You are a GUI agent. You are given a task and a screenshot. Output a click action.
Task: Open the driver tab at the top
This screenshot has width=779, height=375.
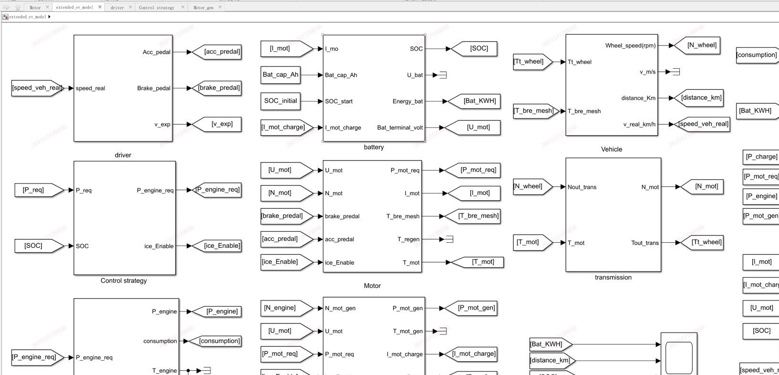(117, 8)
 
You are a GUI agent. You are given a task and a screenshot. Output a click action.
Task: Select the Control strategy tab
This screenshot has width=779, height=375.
(156, 8)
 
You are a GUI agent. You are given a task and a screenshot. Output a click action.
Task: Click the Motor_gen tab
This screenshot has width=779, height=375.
(203, 8)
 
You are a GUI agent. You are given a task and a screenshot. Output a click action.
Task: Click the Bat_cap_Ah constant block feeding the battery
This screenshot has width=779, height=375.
(280, 75)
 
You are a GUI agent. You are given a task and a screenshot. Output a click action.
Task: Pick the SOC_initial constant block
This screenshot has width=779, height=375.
(280, 101)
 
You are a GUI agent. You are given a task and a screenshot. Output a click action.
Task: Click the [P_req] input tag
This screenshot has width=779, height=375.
(34, 190)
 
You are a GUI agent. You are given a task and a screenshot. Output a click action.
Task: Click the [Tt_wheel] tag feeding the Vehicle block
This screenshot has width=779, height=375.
(530, 62)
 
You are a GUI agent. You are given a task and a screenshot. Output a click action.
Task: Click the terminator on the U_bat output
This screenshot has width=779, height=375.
(443, 75)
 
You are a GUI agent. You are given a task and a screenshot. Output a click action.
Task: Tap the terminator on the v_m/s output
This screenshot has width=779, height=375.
(676, 72)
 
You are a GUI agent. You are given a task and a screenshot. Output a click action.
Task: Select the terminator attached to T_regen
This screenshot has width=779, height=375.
(449, 239)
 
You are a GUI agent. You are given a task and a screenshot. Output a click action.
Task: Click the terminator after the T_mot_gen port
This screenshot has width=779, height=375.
(443, 331)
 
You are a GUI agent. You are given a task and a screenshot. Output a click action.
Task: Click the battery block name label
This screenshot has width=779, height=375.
(374, 147)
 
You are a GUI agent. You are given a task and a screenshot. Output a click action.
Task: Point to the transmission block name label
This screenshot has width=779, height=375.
(613, 277)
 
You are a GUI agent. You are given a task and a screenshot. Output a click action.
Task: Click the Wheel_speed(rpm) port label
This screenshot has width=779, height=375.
(630, 45)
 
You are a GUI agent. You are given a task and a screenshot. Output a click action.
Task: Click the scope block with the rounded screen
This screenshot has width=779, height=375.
(679, 354)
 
